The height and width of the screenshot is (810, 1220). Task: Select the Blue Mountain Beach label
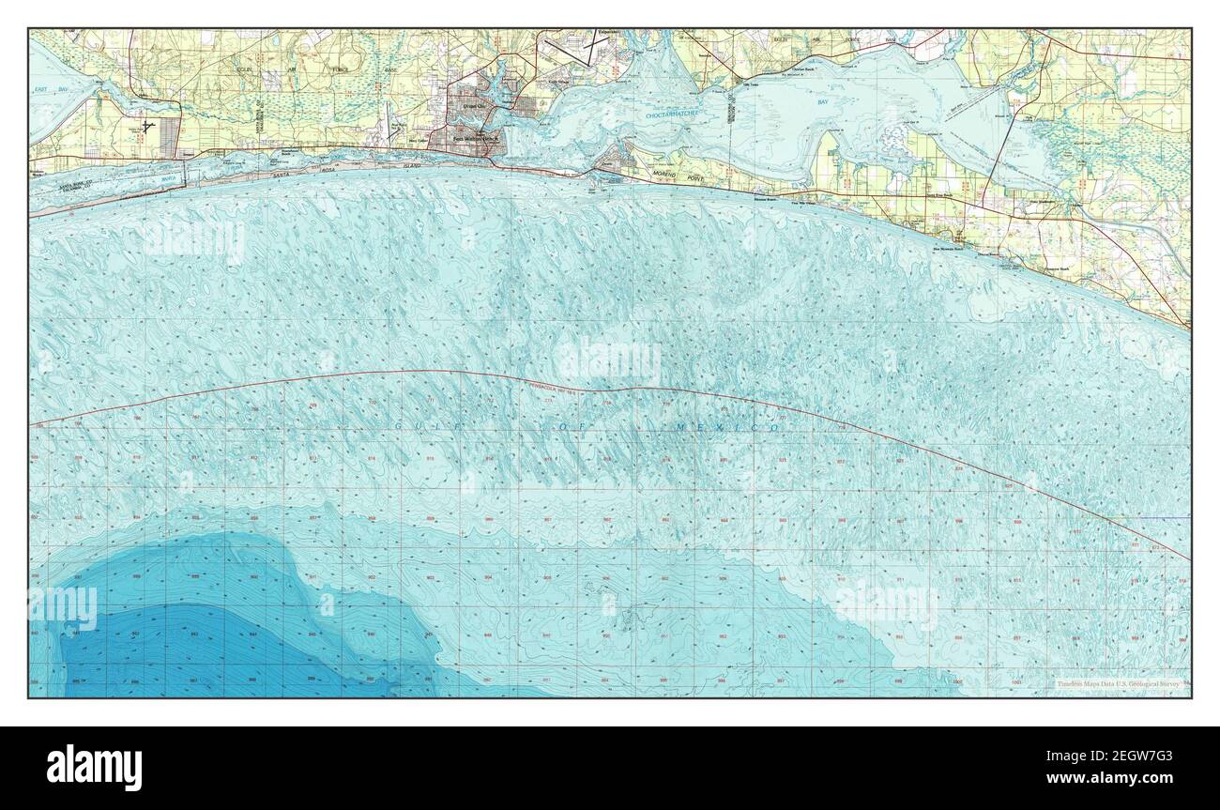[949, 250]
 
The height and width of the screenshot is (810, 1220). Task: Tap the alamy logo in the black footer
[95, 767]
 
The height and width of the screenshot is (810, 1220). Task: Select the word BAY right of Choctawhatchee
[823, 101]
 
